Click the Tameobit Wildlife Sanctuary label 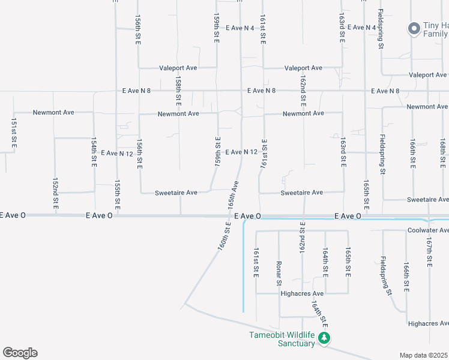[282, 339]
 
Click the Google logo [20, 353]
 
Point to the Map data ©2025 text [424, 355]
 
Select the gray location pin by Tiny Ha [414, 28]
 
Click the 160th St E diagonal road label [224, 236]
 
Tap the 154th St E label [94, 153]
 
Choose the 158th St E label [178, 88]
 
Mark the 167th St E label [429, 253]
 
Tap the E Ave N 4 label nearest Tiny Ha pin [361, 28]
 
